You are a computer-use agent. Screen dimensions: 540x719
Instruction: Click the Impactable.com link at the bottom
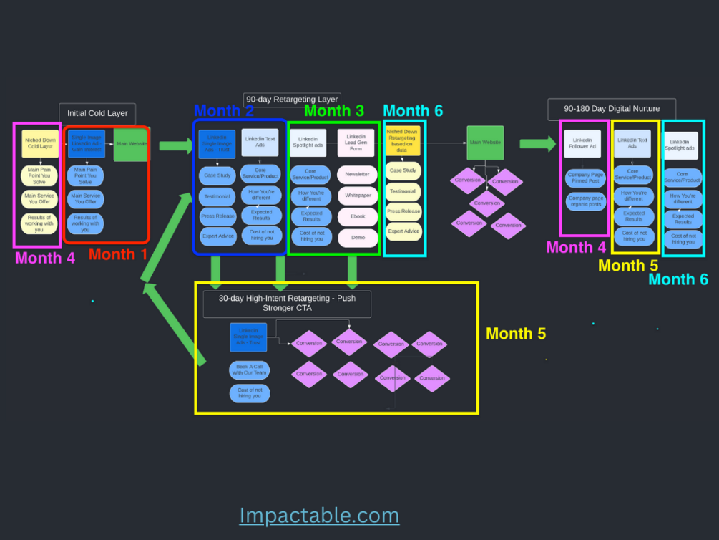[319, 515]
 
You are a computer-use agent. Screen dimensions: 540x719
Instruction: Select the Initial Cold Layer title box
[97, 113]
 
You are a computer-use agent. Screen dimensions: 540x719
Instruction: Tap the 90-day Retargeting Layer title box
[292, 100]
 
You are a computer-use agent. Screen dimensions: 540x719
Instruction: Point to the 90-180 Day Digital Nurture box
[612, 109]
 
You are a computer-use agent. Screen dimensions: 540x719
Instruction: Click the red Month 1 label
[118, 254]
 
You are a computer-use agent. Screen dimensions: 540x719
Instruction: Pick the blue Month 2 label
[223, 110]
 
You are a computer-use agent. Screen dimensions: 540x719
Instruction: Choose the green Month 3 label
[333, 111]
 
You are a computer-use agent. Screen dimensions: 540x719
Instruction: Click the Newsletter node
[357, 174]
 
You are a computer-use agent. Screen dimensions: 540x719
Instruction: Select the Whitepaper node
[357, 195]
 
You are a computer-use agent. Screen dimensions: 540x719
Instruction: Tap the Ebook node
[357, 216]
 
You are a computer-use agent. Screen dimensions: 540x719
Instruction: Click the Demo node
[357, 237]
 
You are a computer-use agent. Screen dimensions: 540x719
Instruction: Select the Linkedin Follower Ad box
[582, 143]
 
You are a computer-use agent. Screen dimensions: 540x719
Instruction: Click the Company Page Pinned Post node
[585, 178]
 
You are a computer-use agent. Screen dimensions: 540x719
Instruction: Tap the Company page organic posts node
[585, 201]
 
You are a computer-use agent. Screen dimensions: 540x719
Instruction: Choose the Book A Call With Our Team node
[249, 370]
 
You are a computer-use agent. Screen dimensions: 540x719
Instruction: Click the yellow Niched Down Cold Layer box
[40, 143]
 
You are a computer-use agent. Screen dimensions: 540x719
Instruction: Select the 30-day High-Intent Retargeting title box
[287, 304]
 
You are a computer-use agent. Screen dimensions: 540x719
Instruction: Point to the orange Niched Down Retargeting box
[403, 140]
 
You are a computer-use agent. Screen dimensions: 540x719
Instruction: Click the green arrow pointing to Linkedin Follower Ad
[537, 143]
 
